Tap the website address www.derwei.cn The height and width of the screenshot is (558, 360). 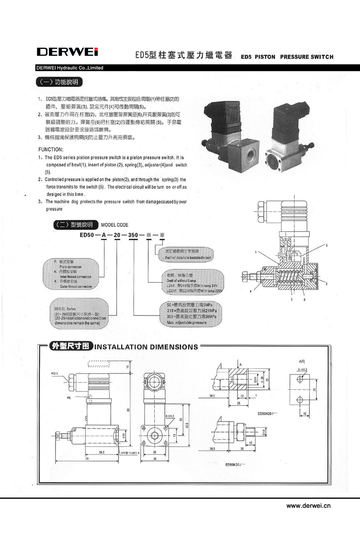308,505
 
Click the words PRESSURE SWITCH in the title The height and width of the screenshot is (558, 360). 307,57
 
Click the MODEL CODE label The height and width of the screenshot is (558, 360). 115,225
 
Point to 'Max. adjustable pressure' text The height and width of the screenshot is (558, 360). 186,323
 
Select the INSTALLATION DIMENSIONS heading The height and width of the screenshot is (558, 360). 146,347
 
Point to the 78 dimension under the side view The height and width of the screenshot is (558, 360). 87,459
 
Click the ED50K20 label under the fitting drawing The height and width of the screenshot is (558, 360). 235,464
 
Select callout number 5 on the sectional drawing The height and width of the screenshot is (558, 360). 326,246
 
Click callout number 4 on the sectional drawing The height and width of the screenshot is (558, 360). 250,291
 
